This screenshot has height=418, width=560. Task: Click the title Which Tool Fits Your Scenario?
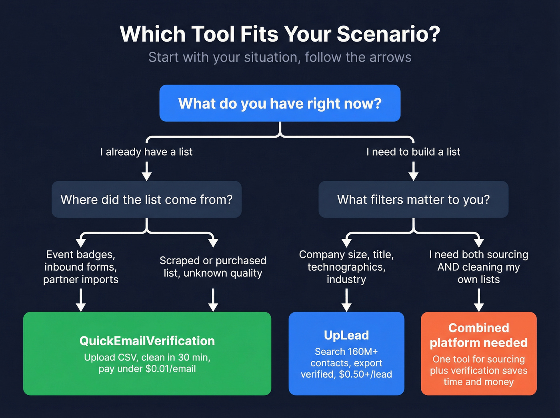click(280, 34)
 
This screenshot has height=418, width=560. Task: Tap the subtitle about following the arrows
click(280, 57)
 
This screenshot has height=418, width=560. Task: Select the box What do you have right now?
click(280, 103)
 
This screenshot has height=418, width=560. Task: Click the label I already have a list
click(146, 152)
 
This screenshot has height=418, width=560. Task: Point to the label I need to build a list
click(413, 152)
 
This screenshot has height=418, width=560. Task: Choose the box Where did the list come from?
click(146, 199)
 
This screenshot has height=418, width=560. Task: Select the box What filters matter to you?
click(413, 199)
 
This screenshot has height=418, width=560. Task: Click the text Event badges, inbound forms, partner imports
click(81, 267)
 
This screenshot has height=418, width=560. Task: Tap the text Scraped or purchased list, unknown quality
click(213, 267)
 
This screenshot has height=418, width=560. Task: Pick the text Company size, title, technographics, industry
click(346, 267)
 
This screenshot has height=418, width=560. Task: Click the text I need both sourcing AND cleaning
click(479, 267)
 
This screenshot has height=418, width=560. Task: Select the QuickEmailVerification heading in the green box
click(147, 341)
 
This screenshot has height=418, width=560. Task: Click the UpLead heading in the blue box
click(346, 335)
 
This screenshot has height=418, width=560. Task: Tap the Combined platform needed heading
click(479, 335)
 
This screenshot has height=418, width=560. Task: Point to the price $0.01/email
click(171, 369)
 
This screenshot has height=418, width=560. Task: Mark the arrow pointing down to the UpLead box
click(346, 300)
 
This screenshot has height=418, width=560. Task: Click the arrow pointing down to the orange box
click(479, 300)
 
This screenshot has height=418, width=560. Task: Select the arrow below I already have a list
click(147, 171)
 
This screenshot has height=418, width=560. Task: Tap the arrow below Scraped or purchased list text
click(213, 300)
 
